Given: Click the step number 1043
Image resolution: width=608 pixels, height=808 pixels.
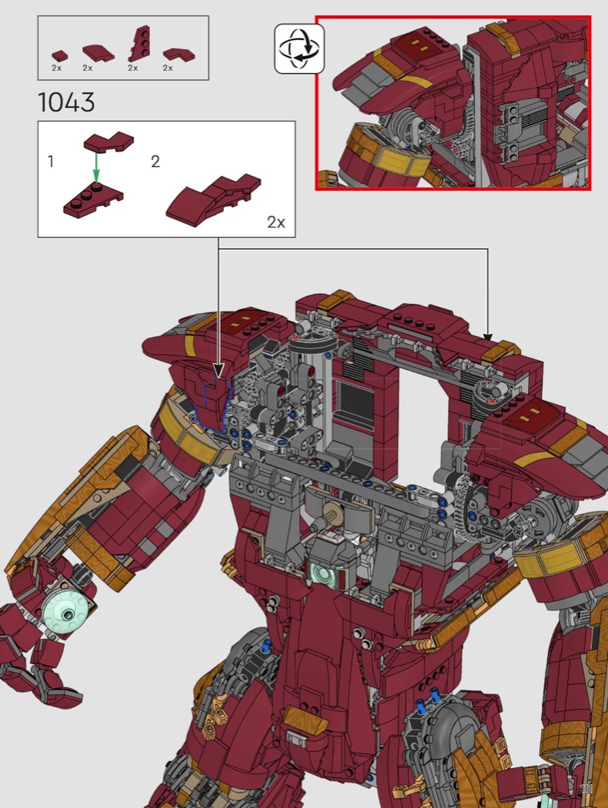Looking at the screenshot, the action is tap(66, 102).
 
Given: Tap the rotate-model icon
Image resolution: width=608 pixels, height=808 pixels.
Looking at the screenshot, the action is tap(299, 48).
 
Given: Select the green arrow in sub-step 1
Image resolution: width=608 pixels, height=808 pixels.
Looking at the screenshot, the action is tap(96, 168).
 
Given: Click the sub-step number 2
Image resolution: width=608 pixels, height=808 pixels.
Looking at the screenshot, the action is tap(155, 162).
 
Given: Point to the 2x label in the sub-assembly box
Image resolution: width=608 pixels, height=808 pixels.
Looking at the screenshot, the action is tap(276, 222).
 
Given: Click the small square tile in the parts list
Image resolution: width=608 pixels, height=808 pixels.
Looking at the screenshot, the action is tap(59, 55).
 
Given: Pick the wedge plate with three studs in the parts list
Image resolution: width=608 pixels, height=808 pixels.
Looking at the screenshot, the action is tap(139, 45).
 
